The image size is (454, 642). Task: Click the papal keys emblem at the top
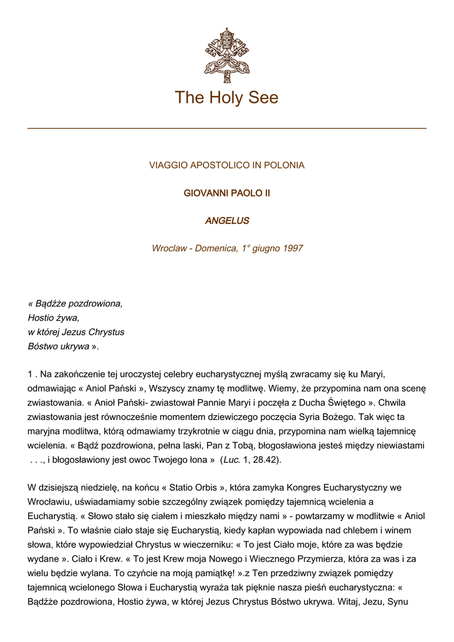[226, 55]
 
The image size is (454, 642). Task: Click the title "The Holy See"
[226, 98]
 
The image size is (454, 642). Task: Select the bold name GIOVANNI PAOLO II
[226, 193]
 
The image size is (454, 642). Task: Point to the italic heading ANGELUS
[226, 221]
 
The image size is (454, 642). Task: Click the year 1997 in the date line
[292, 248]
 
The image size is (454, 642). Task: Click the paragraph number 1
[30, 374]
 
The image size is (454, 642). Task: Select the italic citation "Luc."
[231, 460]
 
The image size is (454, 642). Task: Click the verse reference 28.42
[266, 460]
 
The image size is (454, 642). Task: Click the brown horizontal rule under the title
[226, 128]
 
